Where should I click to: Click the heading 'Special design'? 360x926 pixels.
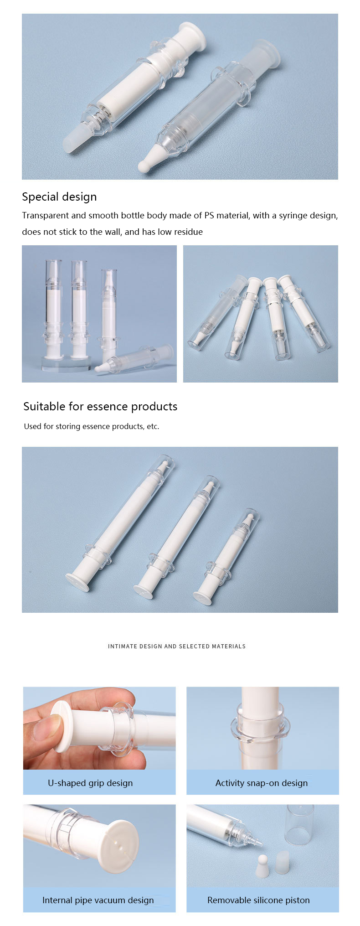click(59, 197)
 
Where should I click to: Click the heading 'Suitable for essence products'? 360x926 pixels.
click(100, 407)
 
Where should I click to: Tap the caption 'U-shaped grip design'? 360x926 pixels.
click(90, 783)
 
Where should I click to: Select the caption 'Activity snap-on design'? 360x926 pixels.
click(262, 783)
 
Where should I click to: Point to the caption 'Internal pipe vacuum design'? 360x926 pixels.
click(98, 900)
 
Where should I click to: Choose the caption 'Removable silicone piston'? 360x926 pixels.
click(258, 900)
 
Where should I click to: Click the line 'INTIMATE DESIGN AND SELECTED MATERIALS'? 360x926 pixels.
click(177, 646)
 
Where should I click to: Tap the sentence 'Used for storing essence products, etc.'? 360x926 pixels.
click(91, 426)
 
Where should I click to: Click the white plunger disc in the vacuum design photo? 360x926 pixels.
click(116, 847)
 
